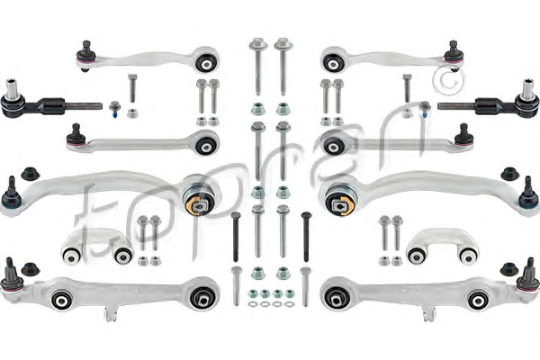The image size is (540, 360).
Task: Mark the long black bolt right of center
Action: pos(305,236)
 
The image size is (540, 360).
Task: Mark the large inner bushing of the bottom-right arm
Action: pos(335,296)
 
